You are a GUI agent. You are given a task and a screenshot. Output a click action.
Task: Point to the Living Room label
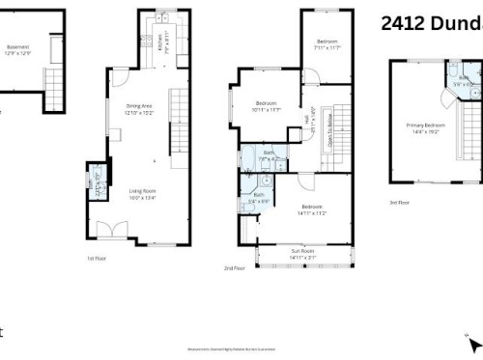pos(143,193)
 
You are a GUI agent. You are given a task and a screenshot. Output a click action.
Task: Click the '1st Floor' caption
pos(96,258)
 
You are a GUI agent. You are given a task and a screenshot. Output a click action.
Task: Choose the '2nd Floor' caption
pos(235,267)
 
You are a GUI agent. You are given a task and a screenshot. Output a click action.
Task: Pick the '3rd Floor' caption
pos(400,203)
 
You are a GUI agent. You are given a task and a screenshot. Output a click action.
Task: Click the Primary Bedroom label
pos(425,127)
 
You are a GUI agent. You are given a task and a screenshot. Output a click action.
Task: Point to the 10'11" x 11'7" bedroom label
pos(268,105)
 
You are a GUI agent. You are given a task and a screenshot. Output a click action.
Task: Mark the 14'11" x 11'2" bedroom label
pos(310,209)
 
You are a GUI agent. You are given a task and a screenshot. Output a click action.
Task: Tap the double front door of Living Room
pos(117,230)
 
